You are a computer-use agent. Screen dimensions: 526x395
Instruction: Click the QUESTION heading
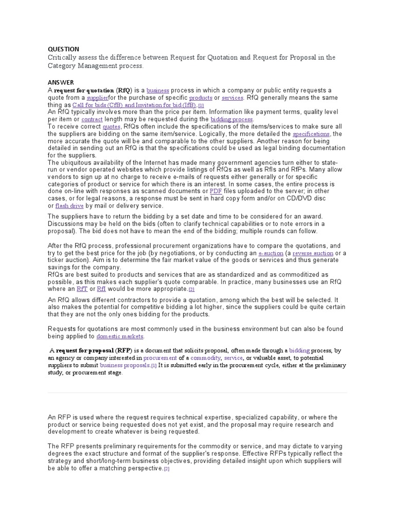click(63, 49)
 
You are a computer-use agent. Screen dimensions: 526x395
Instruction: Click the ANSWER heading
click(61, 82)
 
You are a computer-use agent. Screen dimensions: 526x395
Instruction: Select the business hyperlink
click(157, 90)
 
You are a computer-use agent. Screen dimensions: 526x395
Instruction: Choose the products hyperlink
click(201, 98)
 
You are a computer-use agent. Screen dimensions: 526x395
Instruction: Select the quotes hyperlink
click(111, 126)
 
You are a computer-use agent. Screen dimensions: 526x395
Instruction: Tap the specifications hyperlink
click(311, 134)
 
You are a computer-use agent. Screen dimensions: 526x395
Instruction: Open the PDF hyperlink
click(216, 191)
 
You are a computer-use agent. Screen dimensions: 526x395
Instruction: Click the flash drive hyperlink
click(69, 205)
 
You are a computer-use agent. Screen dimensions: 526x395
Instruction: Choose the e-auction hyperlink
click(271, 253)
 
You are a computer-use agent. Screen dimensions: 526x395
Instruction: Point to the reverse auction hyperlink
click(313, 253)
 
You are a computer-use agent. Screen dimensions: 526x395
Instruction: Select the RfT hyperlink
click(82, 289)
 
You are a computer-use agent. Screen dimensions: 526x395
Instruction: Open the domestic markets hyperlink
click(120, 336)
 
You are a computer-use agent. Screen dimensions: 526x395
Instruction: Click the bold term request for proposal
click(85, 351)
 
